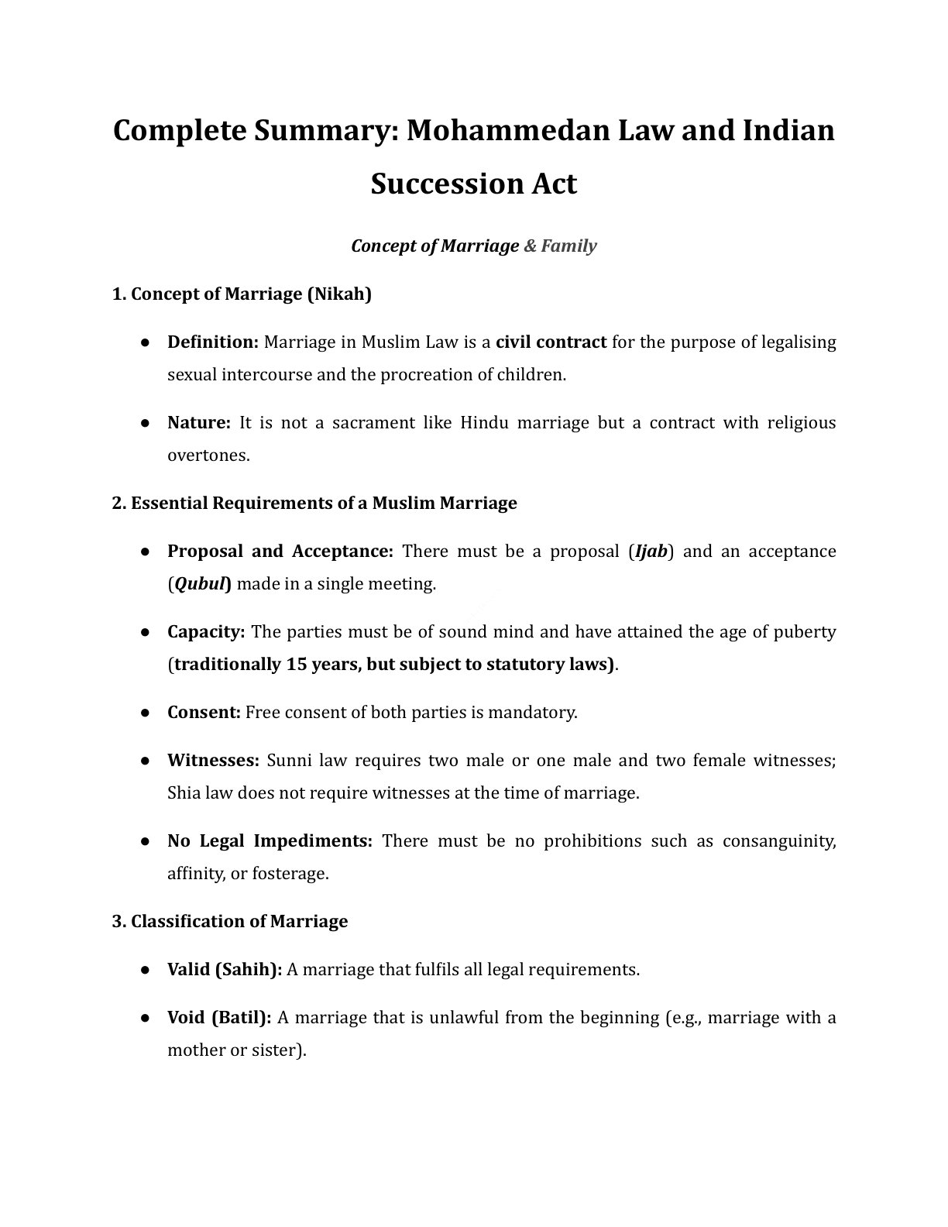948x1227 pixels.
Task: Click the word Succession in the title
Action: tap(435, 184)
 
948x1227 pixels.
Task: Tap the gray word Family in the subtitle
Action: tap(568, 246)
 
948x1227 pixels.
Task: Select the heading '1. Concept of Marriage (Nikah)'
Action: tap(242, 294)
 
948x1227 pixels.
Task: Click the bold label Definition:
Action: tap(213, 342)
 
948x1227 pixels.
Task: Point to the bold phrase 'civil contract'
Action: tap(551, 342)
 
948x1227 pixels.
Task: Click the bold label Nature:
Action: tap(199, 423)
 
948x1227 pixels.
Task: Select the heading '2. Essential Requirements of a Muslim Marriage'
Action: tap(314, 504)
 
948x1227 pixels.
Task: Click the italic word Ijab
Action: tap(651, 552)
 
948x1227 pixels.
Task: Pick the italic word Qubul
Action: tap(199, 584)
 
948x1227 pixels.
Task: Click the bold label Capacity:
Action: tap(206, 632)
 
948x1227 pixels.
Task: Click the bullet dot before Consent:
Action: tap(145, 713)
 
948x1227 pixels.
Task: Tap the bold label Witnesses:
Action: tap(213, 761)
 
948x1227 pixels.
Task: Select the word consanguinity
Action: tap(778, 841)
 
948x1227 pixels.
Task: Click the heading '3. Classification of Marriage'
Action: tap(229, 922)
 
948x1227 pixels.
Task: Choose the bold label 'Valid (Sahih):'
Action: tap(225, 970)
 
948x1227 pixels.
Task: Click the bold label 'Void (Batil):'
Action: tap(219, 1018)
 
